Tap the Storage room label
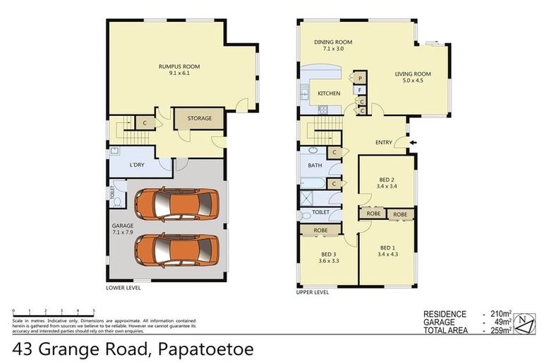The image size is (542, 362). [199, 118]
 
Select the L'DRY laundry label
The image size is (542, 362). [137, 165]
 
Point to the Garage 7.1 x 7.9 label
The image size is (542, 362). [123, 228]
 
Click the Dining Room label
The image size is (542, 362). [332, 46]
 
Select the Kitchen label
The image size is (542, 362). [328, 93]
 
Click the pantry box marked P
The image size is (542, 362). [360, 78]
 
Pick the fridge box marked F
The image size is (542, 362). [360, 90]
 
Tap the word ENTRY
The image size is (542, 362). [383, 143]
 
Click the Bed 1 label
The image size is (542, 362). [387, 251]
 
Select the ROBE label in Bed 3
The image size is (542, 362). [319, 230]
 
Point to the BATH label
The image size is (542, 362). [314, 165]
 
